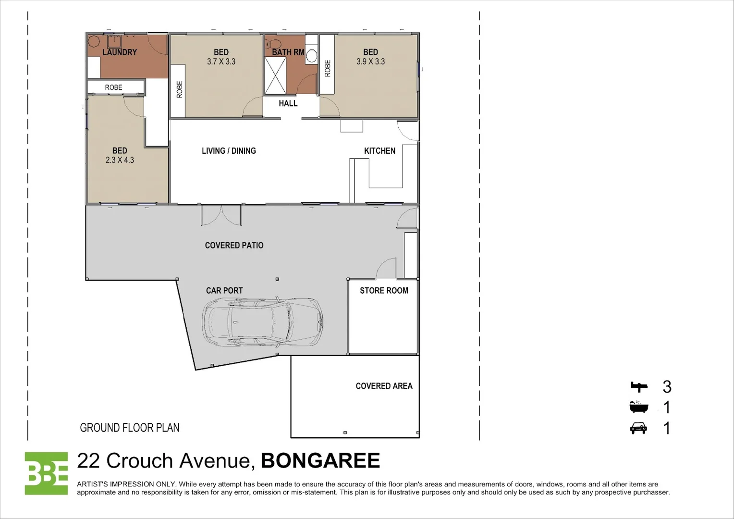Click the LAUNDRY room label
120,52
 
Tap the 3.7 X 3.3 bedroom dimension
221,62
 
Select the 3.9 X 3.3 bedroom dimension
370,62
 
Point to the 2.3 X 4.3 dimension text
120,160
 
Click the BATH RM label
288,52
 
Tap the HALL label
288,103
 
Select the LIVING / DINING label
229,151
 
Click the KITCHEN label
379,151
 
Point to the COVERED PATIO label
234,246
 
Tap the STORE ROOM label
384,291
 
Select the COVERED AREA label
384,386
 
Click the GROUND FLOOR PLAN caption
130,428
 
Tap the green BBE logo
46,473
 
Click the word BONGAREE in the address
320,461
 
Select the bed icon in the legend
639,386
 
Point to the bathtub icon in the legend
639,407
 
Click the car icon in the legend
638,428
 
